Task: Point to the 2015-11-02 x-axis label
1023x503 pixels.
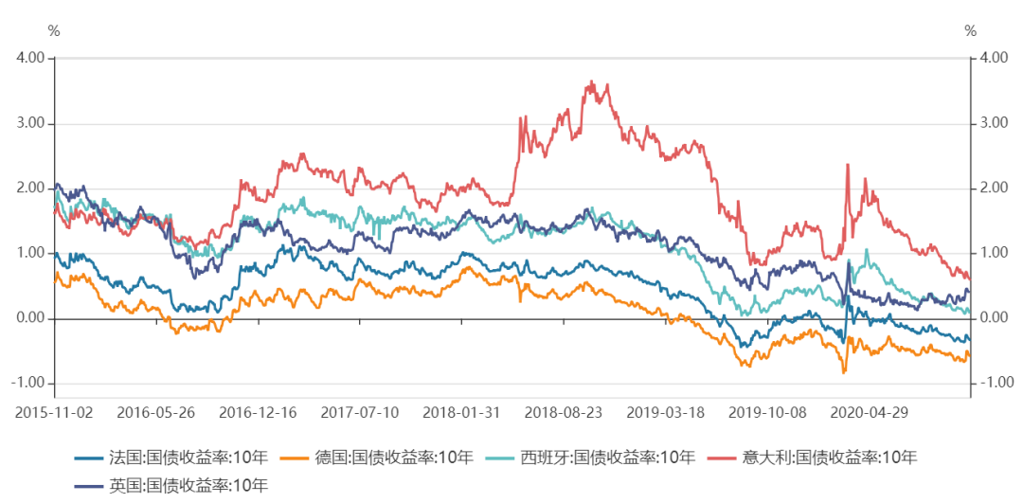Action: point(55,414)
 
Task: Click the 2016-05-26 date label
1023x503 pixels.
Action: point(156,414)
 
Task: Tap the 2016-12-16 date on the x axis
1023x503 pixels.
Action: point(258,414)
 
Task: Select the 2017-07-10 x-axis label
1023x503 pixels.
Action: point(359,414)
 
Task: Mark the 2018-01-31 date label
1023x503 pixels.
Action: point(461,414)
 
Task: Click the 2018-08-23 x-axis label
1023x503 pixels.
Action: point(563,414)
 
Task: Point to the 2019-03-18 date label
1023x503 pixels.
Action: point(664,414)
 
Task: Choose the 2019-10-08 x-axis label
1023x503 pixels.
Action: point(765,414)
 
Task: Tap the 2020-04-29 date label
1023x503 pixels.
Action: point(867,414)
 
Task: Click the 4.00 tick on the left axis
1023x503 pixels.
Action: point(30,58)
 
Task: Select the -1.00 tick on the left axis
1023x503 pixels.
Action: point(28,383)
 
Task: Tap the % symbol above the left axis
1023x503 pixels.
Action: point(54,31)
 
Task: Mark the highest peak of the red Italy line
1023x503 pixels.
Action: point(592,81)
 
